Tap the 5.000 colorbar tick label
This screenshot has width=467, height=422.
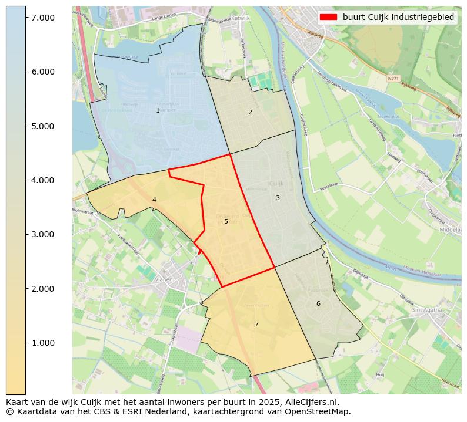(x=42, y=126)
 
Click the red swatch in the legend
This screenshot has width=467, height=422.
(x=328, y=17)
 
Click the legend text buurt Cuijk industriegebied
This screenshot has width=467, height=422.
(x=398, y=17)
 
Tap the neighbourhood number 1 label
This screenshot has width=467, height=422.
(x=158, y=111)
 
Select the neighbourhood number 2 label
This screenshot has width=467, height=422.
(x=250, y=112)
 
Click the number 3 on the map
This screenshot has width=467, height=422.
(x=278, y=198)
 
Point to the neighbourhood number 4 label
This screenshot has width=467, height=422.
(x=154, y=200)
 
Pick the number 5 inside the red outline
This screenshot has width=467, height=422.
(x=226, y=221)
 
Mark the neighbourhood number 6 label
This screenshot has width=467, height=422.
(x=318, y=303)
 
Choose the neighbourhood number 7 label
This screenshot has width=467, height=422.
(x=256, y=324)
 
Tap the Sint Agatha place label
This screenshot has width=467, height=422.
(x=427, y=309)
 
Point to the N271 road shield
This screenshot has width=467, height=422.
(x=393, y=78)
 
